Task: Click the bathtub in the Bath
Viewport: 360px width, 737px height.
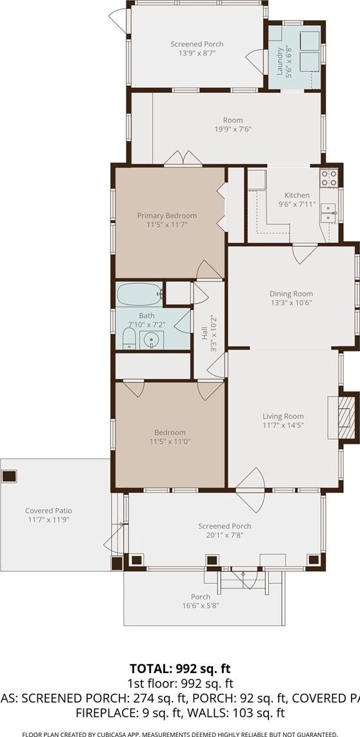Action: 139,294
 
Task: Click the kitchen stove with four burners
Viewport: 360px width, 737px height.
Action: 329,178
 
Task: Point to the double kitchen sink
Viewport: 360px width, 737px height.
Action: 329,213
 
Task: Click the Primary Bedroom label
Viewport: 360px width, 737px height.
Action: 167,216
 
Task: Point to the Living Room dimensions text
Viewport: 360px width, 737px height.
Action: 283,425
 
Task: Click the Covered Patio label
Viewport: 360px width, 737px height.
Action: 48,511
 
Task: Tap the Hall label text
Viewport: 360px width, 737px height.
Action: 205,334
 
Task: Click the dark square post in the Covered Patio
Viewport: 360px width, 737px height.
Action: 9,476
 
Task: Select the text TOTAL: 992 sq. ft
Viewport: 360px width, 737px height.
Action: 180,669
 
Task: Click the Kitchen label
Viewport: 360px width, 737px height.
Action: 297,195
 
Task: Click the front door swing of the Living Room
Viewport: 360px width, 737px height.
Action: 251,491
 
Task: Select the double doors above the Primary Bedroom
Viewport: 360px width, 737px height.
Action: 183,159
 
